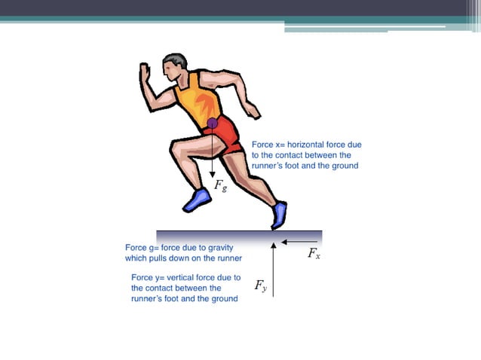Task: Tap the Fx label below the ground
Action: [x=314, y=255]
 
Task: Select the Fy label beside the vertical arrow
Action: [x=260, y=285]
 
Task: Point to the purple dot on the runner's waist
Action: [x=213, y=123]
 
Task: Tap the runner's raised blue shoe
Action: [x=198, y=200]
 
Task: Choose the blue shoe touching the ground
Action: [x=280, y=215]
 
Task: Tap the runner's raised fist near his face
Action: [x=146, y=72]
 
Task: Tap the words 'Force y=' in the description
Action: [x=149, y=277]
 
